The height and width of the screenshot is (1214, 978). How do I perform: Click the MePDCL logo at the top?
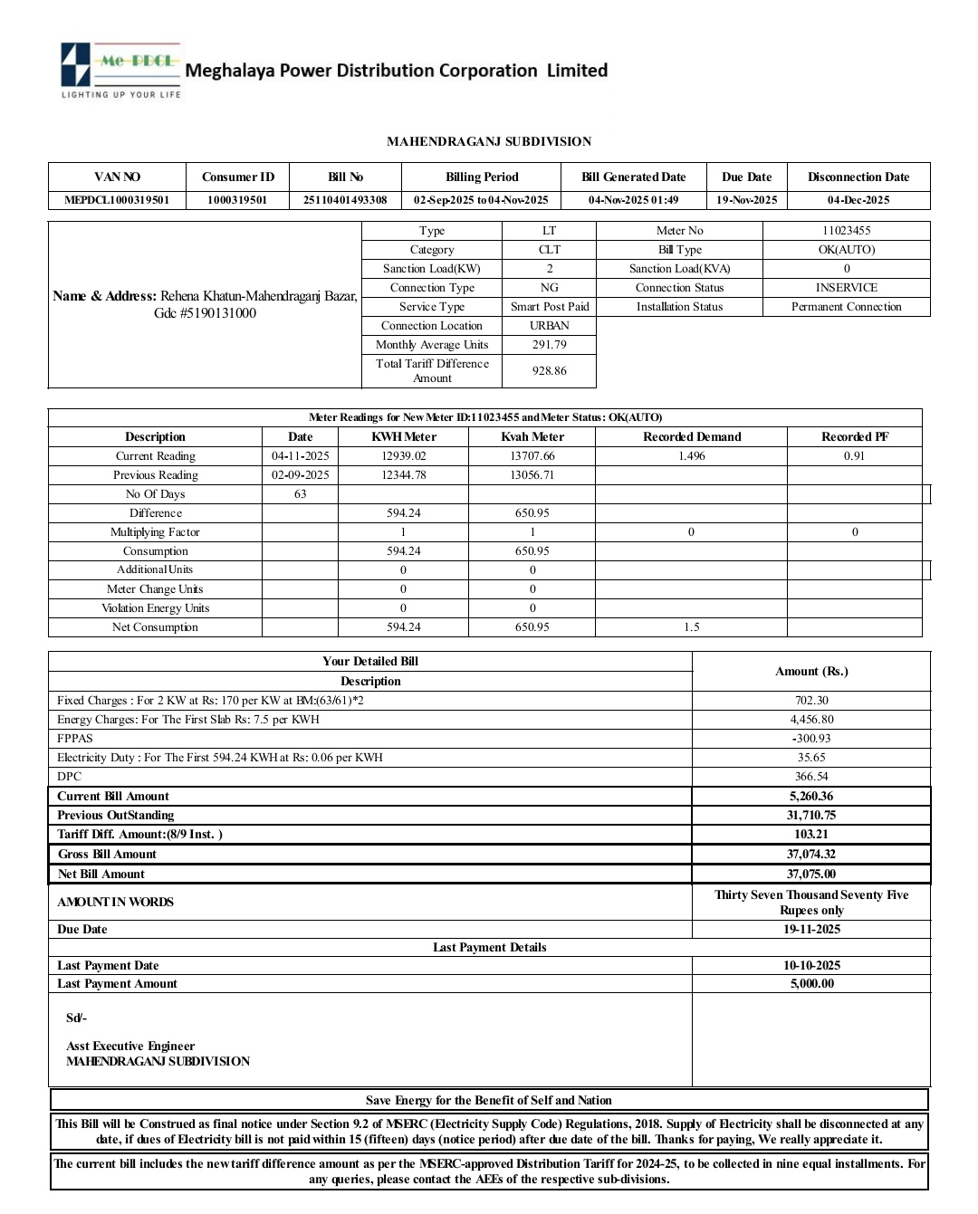pos(120,70)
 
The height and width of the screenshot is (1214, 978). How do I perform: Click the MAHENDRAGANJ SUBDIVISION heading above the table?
pos(489,141)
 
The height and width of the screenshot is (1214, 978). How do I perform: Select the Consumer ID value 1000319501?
pos(237,200)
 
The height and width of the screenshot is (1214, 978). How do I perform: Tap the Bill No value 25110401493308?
pos(345,200)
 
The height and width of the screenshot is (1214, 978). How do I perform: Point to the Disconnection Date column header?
pos(858,177)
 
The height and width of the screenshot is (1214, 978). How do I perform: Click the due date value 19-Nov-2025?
pos(746,200)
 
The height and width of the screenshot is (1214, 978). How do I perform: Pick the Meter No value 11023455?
pos(846,231)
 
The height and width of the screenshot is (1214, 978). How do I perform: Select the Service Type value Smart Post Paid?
pos(549,307)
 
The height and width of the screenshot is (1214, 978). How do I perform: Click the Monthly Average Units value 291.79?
pos(549,345)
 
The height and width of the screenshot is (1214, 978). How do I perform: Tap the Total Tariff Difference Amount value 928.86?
pos(549,371)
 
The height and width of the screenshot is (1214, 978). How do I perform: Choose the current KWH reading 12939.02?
pos(403,456)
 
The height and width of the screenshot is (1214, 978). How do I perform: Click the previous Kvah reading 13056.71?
pos(532,475)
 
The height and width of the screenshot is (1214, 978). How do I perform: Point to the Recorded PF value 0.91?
pos(854,456)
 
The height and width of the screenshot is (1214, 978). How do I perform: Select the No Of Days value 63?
pos(300,494)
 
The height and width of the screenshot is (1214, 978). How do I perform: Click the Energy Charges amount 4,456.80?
pos(811,720)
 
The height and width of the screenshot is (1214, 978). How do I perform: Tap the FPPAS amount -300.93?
pos(811,739)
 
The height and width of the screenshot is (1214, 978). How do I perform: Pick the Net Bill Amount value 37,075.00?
pos(811,875)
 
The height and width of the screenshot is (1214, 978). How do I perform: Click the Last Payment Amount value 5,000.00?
pos(811,984)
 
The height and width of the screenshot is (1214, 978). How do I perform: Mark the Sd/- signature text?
pos(76,1018)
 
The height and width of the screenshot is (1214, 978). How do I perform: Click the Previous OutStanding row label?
pos(115,816)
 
